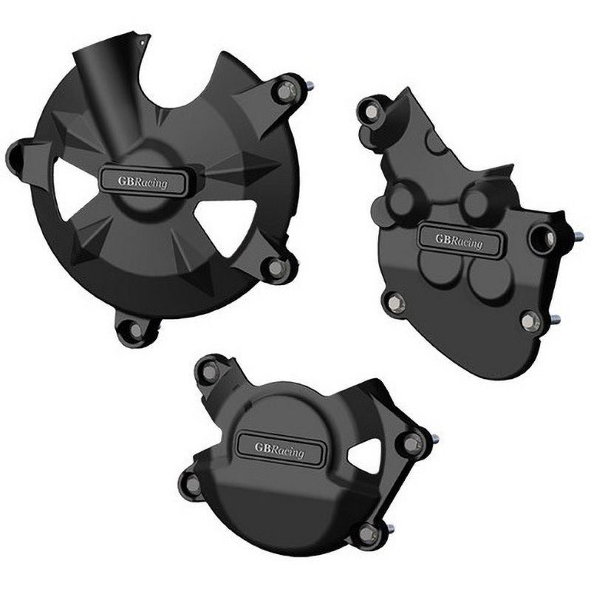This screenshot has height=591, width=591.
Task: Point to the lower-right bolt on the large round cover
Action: [276, 268]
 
